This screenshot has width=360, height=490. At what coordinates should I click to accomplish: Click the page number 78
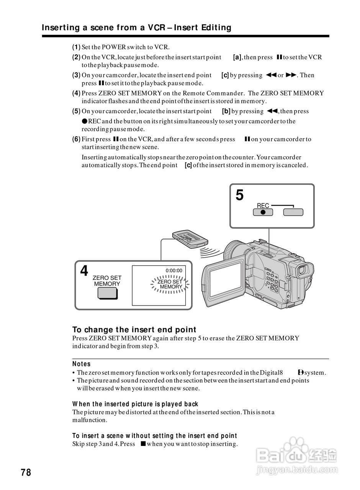point(26,472)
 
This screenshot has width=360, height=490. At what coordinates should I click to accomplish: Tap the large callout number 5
point(239,196)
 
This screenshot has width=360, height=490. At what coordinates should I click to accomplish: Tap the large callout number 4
point(84,271)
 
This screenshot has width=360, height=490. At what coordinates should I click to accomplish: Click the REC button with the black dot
point(263,212)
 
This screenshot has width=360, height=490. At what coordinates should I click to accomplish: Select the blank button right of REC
point(293,212)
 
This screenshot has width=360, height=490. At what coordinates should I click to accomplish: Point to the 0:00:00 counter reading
point(174,271)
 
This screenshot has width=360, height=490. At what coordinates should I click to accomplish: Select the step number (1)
point(76,47)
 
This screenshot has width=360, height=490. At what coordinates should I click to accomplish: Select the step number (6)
point(76,139)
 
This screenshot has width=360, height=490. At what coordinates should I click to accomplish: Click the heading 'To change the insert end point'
point(134,330)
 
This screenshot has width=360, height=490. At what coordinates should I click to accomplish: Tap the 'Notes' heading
point(81,364)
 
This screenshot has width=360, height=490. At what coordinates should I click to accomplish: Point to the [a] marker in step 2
point(237,57)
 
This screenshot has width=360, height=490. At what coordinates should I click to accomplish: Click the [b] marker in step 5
point(226,111)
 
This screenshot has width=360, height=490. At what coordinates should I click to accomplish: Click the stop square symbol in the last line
point(142,444)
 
